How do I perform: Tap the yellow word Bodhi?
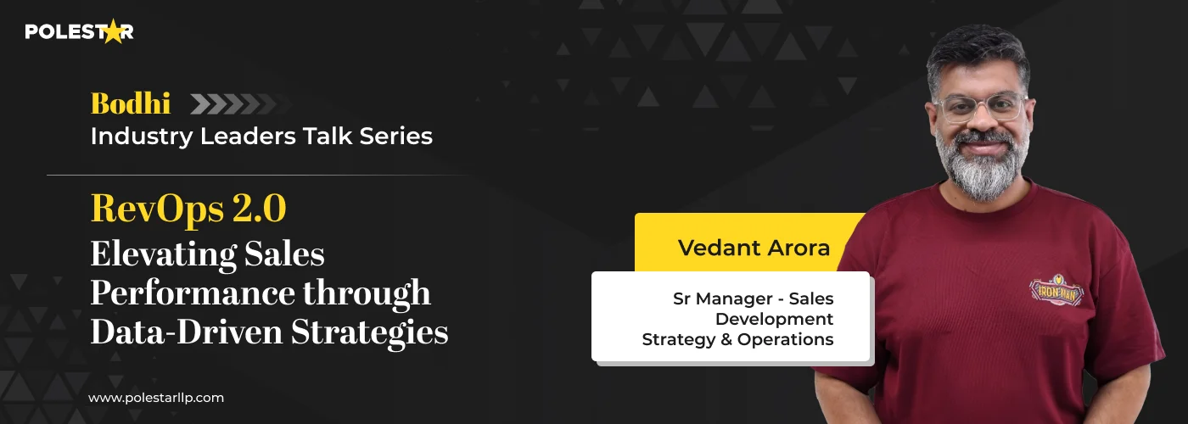[x=131, y=103]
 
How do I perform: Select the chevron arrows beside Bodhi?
[x=229, y=103]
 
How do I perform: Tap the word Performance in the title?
[x=184, y=293]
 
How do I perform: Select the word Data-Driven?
[x=186, y=332]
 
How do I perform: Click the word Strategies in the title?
[x=370, y=332]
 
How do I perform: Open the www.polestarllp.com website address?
[x=156, y=397]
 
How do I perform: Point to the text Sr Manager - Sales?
[x=753, y=298]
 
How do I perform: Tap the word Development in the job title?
[x=774, y=319]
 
